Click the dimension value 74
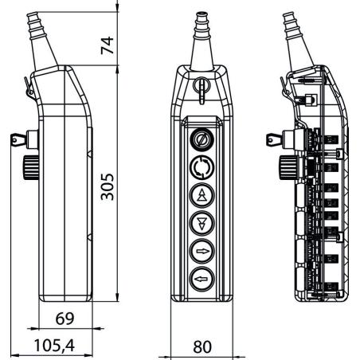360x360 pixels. pos(107,45)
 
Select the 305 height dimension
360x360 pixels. pos(107,186)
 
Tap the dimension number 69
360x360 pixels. pos(65,319)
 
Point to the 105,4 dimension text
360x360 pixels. pos(54,346)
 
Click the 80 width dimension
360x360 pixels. pos(202,346)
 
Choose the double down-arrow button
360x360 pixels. pos(202,223)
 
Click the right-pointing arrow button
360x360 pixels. pos(202,251)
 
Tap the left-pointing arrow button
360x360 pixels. pos(202,279)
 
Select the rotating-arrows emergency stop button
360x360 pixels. pos(202,167)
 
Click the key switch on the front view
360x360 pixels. pos(202,139)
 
